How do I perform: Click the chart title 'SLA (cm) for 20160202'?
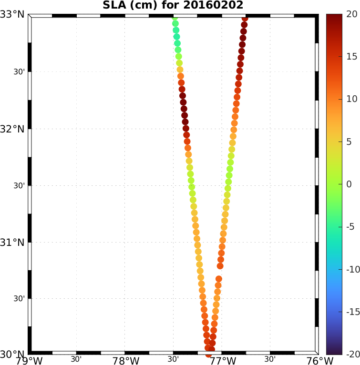pos(173,6)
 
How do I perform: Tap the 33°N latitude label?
pos(13,14)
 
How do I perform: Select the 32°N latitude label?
pos(13,129)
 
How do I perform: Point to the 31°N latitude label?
pos(13,242)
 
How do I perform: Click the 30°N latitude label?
pos(13,355)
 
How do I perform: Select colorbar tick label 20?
pos(351,14)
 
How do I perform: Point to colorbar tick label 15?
pos(351,57)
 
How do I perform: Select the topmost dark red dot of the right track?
pos(245,18)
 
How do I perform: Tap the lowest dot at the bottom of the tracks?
pos(208,354)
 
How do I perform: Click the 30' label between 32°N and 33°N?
pos(20,72)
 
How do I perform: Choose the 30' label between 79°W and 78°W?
pos(76,359)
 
